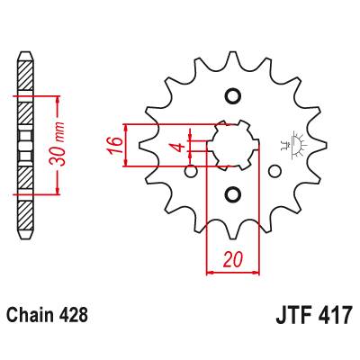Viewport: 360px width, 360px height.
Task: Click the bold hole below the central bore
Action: [x=232, y=194]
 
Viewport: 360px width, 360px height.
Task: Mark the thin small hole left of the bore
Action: [x=190, y=170]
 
